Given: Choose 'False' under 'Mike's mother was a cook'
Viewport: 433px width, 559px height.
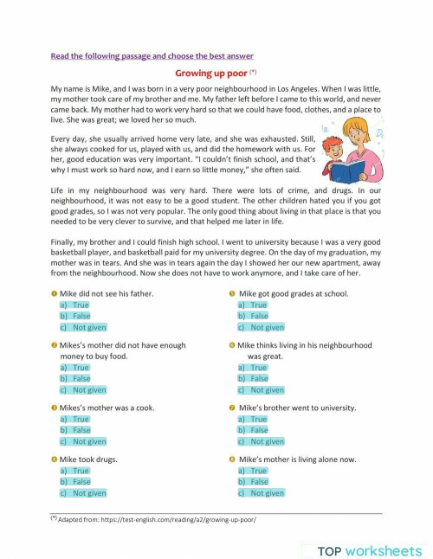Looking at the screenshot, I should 81,429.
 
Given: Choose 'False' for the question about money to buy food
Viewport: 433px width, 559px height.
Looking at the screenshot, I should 81,378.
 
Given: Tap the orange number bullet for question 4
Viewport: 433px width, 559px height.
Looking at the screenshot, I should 54,459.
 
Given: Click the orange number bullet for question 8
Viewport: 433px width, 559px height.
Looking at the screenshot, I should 232,459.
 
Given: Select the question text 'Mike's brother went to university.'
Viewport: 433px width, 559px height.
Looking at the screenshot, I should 294,408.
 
